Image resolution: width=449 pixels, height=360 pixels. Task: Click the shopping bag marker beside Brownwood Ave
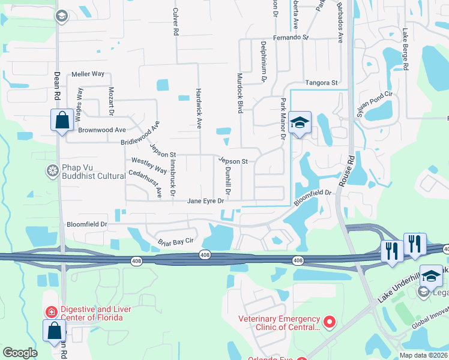[x=62, y=120]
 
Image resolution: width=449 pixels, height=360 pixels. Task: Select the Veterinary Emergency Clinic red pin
[x=329, y=323]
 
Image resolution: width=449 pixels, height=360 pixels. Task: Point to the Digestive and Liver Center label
[x=89, y=313]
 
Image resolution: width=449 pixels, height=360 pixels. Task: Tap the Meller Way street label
[x=88, y=74]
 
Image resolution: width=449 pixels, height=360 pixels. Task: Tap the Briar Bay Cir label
[x=175, y=241]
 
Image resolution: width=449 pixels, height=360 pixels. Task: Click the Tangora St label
[x=322, y=83]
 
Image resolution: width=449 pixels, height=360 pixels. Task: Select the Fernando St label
[x=290, y=37]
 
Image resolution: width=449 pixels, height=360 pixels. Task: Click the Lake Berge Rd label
[x=405, y=50]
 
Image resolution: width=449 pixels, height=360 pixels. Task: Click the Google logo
[x=20, y=353]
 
